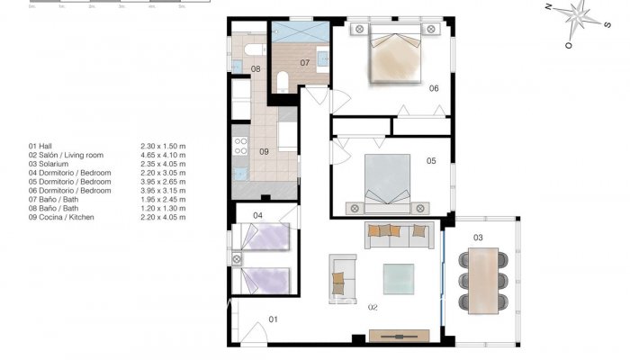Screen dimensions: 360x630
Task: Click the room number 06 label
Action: (x=433, y=88)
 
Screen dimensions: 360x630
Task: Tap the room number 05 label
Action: (x=431, y=161)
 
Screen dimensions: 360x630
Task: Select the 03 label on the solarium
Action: (x=478, y=238)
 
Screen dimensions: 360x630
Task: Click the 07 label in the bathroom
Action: (x=305, y=63)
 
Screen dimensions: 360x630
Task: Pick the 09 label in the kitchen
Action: (x=264, y=151)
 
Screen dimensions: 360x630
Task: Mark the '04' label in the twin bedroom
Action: (x=257, y=215)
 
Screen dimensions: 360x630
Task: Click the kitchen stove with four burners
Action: (x=240, y=143)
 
